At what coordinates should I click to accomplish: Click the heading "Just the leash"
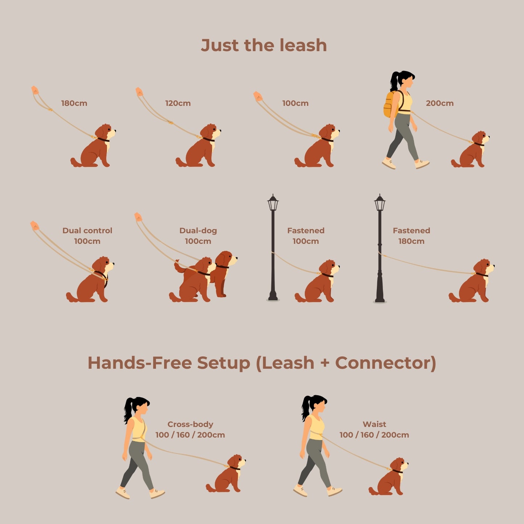264,45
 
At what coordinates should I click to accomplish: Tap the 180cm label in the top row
74,103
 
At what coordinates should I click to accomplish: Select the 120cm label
178,103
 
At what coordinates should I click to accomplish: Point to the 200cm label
440,103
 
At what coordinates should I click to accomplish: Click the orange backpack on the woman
389,104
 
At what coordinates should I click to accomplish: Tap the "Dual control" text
87,231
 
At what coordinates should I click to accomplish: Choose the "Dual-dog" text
198,231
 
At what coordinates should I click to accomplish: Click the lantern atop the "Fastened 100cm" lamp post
273,203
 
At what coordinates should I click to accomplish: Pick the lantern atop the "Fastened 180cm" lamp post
380,203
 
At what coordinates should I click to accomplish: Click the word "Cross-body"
190,424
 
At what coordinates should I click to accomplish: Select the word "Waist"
374,424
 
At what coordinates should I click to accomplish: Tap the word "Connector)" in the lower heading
385,363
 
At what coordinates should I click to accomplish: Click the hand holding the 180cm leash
35,90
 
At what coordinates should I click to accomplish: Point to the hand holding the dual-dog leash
138,217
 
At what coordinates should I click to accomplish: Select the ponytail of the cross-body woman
128,410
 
